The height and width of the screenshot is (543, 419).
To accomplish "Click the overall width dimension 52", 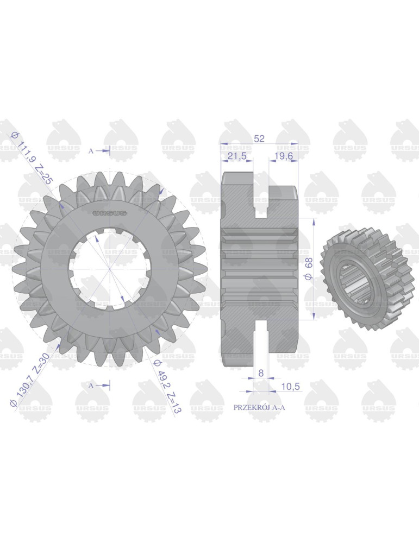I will (259, 139).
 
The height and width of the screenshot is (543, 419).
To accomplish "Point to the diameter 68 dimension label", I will (308, 269).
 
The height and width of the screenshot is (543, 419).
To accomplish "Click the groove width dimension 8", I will (261, 373).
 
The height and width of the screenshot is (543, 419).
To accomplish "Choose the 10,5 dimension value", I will (291, 386).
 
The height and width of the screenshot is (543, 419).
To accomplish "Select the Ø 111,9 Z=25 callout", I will (32, 158).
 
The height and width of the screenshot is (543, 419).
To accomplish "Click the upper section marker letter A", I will (91, 151).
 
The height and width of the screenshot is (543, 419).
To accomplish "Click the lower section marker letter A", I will (91, 385).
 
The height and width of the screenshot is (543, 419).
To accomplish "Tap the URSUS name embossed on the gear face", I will (110, 213).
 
